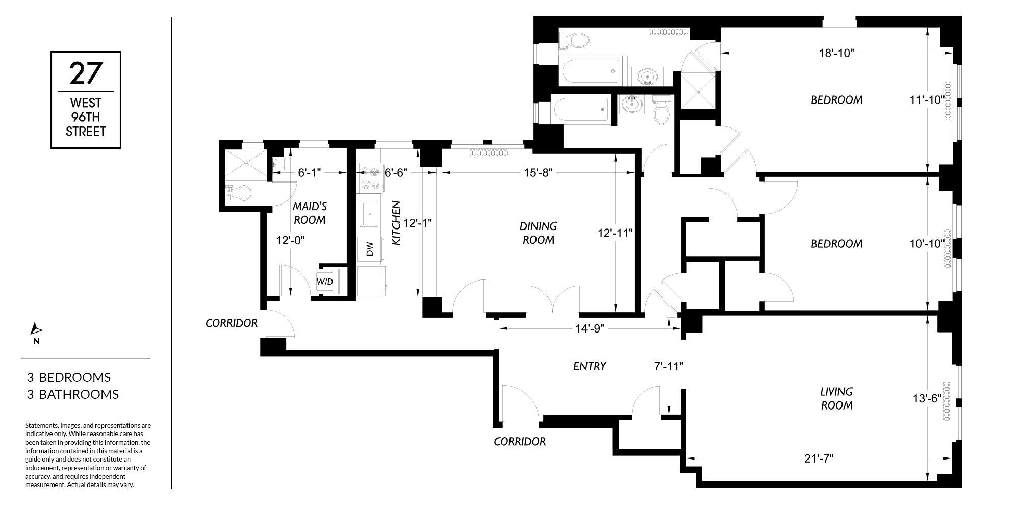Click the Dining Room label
[x=539, y=233]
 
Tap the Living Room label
[x=836, y=398]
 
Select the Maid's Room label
[x=310, y=213]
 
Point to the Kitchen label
[x=396, y=223]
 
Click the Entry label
[x=590, y=366]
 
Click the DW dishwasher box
[x=370, y=249]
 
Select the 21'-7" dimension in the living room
[x=819, y=458]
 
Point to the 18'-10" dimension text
[x=836, y=53]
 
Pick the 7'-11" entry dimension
[x=669, y=366]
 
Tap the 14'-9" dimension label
[x=590, y=328]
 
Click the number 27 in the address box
[x=86, y=73]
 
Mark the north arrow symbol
[x=36, y=329]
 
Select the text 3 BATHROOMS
[x=73, y=394]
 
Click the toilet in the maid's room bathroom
[x=239, y=193]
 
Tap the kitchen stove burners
[x=370, y=178]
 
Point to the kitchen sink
[x=370, y=214]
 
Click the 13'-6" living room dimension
[x=927, y=399]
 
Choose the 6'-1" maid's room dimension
[x=309, y=173]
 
